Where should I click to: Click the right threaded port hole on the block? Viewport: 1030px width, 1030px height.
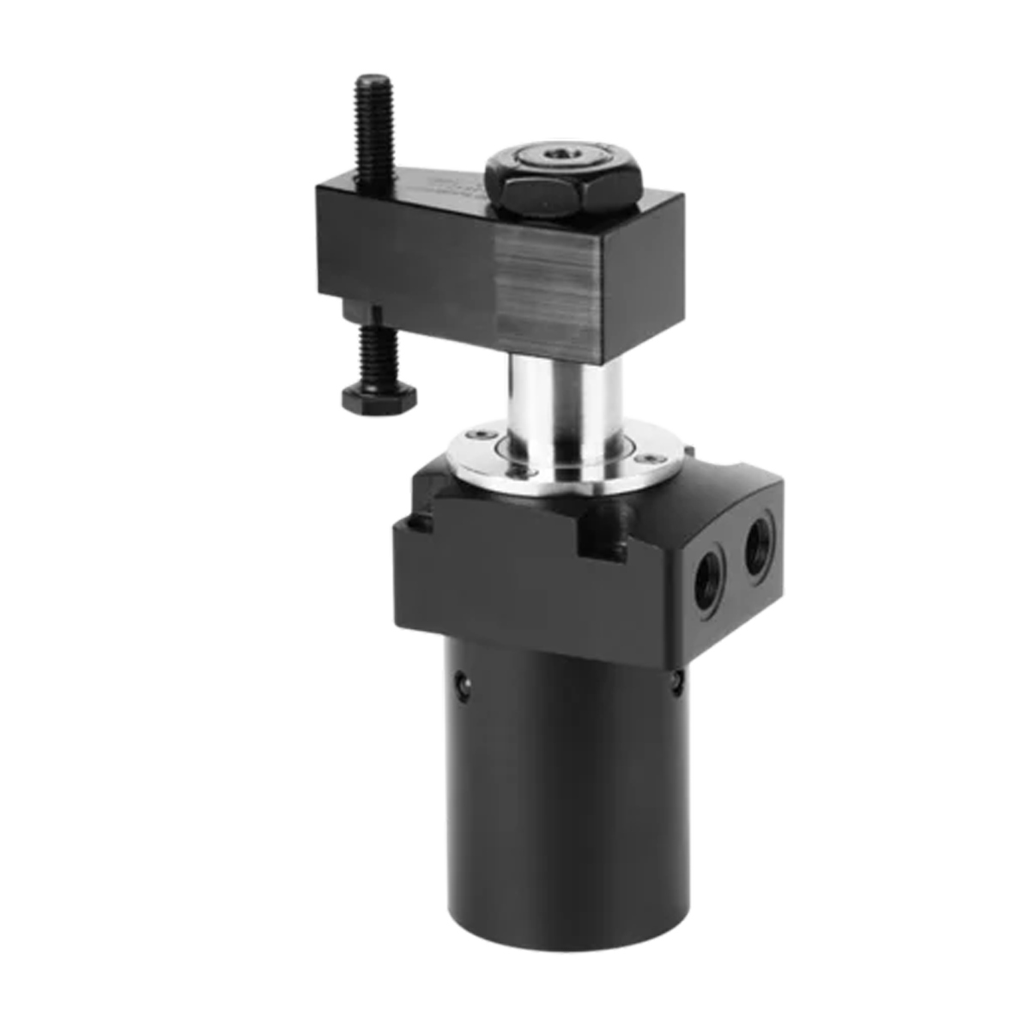[x=759, y=546]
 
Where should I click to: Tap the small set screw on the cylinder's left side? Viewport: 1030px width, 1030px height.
[x=465, y=684]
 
